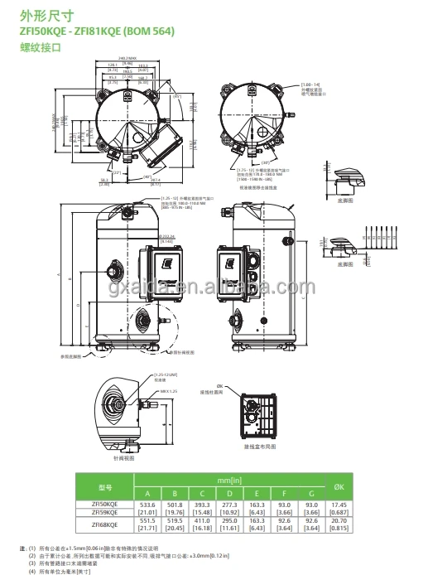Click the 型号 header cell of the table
105,486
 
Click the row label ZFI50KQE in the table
104,504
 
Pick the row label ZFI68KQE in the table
104,524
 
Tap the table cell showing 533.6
148,504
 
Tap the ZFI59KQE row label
104,514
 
